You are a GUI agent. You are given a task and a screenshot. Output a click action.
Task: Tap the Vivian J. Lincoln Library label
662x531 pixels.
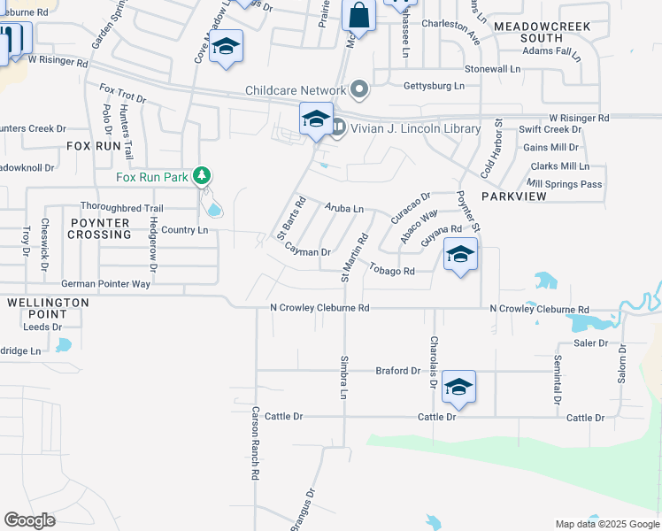point(416,128)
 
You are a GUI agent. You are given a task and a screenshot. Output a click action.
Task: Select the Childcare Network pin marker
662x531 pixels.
point(358,89)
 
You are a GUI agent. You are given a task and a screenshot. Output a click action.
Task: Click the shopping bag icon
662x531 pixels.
point(358,15)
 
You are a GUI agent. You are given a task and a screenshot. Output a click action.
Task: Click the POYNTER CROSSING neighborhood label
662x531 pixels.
point(99,227)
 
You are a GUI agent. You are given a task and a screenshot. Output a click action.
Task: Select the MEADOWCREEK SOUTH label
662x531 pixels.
point(529,33)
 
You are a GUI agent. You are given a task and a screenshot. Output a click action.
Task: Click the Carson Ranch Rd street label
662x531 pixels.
point(255,442)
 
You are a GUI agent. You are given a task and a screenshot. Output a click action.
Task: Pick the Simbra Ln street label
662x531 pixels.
point(343,377)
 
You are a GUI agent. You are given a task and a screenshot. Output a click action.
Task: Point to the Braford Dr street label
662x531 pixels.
point(397,371)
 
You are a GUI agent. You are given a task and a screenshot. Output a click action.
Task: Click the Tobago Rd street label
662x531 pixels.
point(392,270)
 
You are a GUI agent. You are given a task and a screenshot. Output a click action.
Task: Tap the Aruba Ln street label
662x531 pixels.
point(344,208)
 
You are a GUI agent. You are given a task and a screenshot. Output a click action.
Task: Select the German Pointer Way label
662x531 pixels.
point(105,284)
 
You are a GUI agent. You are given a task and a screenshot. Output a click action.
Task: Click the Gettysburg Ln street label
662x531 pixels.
point(434,86)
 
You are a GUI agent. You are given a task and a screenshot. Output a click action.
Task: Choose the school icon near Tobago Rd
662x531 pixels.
point(459,256)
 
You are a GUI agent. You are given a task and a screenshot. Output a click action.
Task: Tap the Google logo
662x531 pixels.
point(29,520)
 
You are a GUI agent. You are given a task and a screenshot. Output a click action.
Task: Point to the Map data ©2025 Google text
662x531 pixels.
point(606,524)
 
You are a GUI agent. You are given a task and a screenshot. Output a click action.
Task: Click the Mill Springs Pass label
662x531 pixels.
point(565,184)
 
